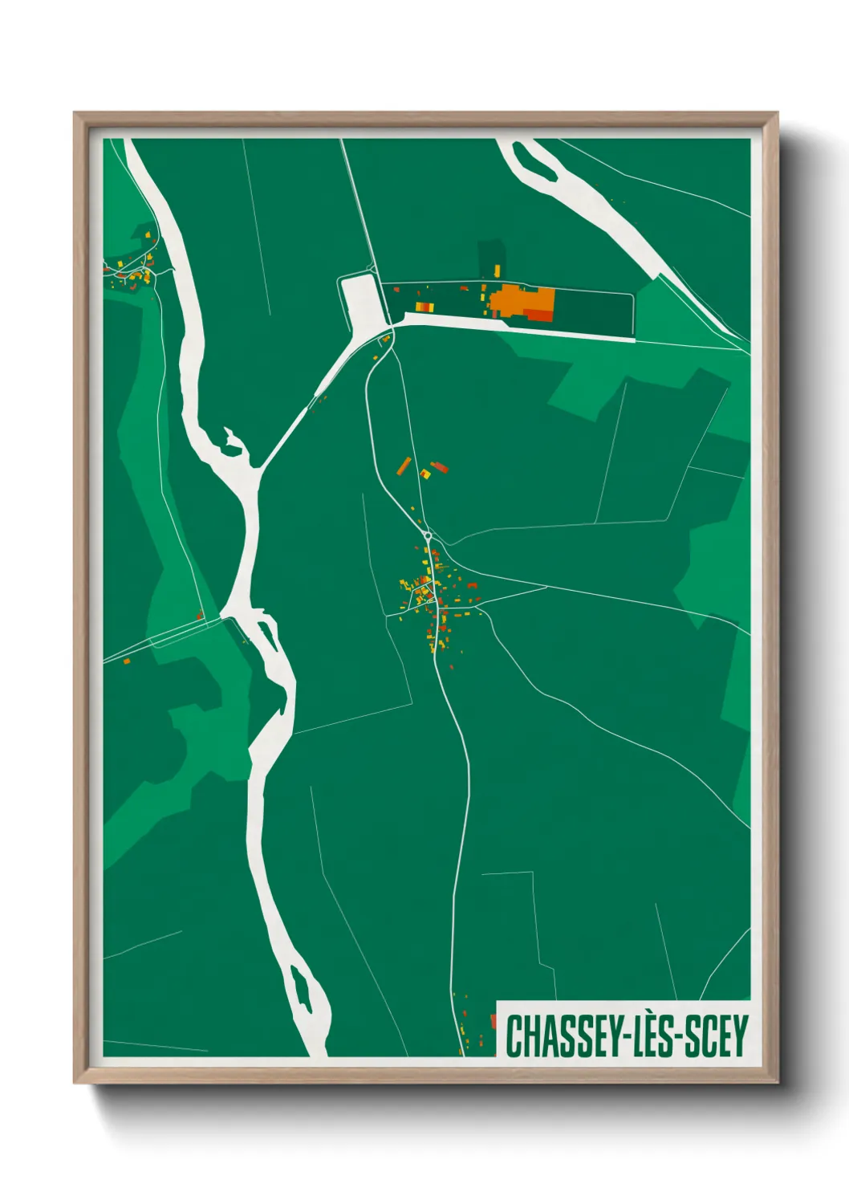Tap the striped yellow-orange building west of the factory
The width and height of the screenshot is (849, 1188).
coord(422,306)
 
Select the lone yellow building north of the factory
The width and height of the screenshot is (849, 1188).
coord(496,269)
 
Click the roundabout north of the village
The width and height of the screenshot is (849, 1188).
coord(428,535)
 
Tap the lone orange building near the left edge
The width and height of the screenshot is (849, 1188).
coord(126,661)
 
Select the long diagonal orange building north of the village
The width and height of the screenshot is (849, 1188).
coord(404,466)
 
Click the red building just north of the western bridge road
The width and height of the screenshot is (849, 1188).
coord(199,616)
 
